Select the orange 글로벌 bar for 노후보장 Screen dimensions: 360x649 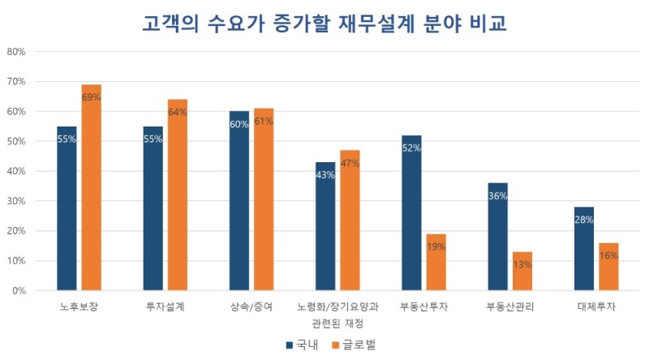[91, 187]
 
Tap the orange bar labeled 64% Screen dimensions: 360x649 [177, 195]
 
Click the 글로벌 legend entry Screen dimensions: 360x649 [354, 345]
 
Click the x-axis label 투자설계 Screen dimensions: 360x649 [165, 307]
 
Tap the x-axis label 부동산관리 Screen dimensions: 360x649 [510, 307]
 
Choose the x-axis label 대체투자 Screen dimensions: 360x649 [596, 307]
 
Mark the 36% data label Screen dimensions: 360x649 [497, 195]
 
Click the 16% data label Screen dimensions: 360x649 [608, 255]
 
